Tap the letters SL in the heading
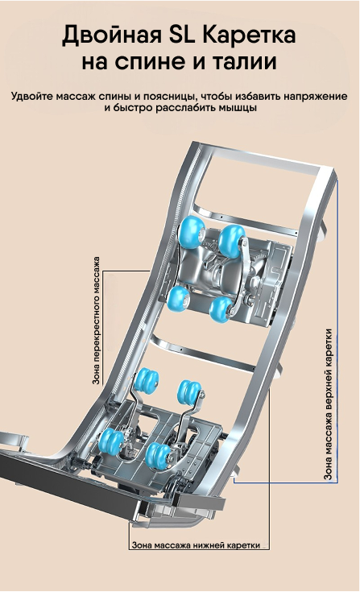click(182, 35)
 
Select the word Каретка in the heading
click(250, 35)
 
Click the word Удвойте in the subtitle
click(32, 97)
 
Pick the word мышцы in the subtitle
click(238, 108)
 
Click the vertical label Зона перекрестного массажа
click(97, 321)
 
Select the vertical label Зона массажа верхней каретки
click(329, 404)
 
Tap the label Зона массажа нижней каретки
click(196, 545)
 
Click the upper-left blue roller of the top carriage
click(192, 232)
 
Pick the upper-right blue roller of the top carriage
click(232, 241)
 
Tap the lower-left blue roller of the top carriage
click(178, 298)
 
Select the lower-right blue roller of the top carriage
click(221, 309)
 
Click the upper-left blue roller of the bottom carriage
click(147, 380)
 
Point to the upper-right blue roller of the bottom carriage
click(189, 391)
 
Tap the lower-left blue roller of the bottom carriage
click(111, 441)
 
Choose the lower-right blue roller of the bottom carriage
click(158, 455)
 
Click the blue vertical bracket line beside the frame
click(337, 330)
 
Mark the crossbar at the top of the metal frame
click(264, 158)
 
